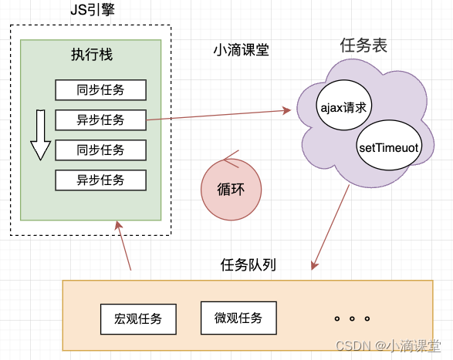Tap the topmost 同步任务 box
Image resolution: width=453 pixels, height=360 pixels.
[x=100, y=89]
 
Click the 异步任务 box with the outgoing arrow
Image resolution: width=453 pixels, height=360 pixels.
[x=100, y=119]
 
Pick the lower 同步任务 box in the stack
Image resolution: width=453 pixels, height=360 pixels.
[x=100, y=150]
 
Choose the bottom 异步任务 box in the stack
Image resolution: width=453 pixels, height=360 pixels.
[x=100, y=180]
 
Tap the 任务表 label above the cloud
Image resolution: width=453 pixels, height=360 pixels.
[x=363, y=45]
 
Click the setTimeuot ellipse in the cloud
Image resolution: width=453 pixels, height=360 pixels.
[x=388, y=146]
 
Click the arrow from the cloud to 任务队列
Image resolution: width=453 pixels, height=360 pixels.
[x=327, y=227]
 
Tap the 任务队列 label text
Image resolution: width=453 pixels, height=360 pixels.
[x=248, y=265]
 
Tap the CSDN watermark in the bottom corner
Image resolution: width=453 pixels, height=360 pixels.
[x=387, y=346]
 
